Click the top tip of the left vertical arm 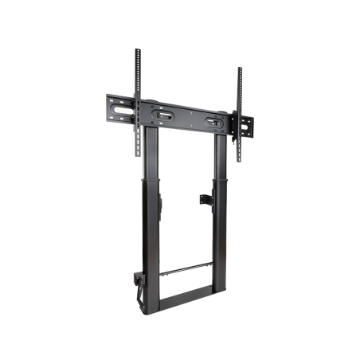pyautogui.click(x=137, y=50)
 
